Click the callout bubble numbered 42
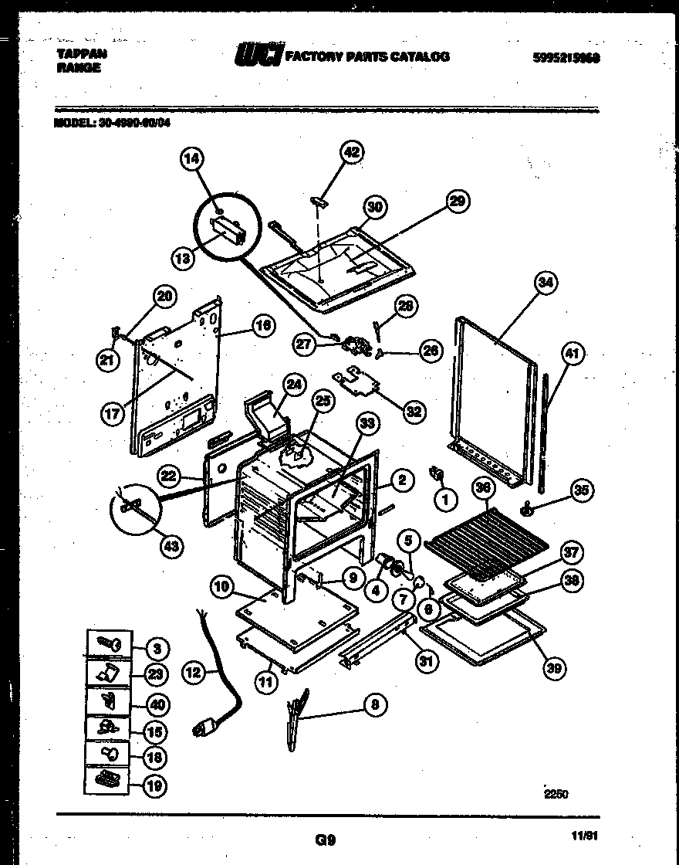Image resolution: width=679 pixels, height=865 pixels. (x=352, y=152)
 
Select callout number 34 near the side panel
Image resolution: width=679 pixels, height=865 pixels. (x=546, y=283)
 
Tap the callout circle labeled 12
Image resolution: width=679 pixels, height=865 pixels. (x=194, y=673)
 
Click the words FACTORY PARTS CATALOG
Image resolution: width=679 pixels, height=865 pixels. (x=367, y=56)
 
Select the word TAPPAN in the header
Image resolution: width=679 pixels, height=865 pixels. (x=82, y=54)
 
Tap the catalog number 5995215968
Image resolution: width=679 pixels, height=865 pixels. (x=566, y=57)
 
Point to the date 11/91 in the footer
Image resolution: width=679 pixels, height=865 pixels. (x=586, y=836)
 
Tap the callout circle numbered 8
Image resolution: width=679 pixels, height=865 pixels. (x=375, y=704)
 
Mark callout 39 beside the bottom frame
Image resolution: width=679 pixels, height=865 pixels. (x=553, y=668)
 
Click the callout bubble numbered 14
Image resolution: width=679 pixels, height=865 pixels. (x=192, y=160)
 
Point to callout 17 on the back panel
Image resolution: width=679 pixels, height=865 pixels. (x=113, y=413)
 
